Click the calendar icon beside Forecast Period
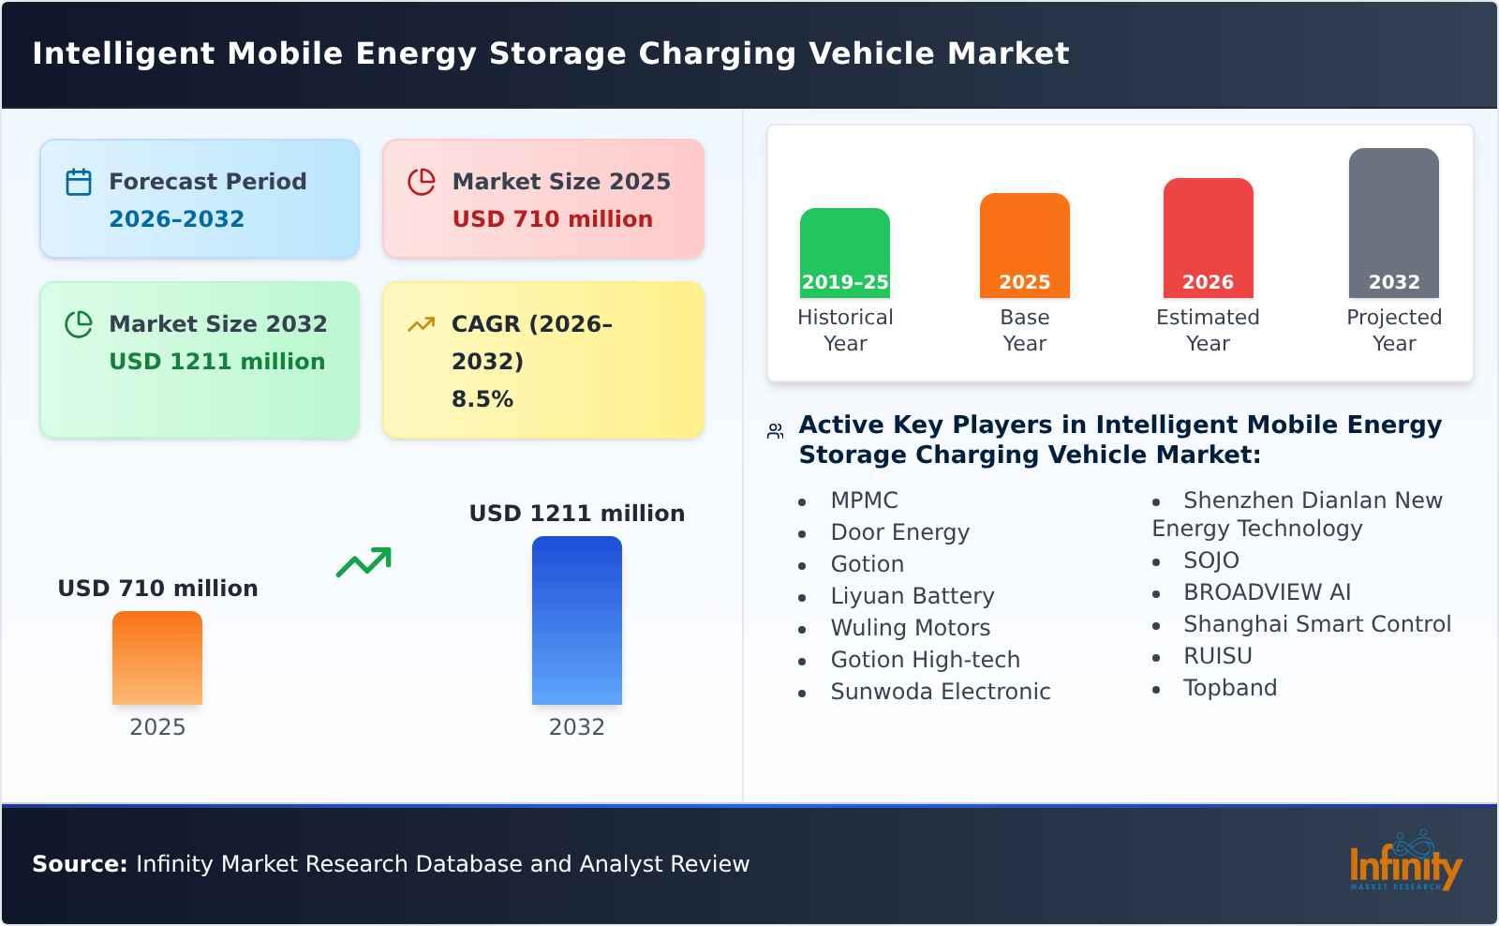click(x=79, y=182)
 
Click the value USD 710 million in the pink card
click(x=552, y=218)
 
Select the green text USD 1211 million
click(x=216, y=361)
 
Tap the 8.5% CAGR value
click(x=482, y=398)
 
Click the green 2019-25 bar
click(x=844, y=253)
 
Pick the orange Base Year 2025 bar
click(x=1024, y=246)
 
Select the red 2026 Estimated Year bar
click(x=1208, y=238)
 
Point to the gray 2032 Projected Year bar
click(x=1393, y=223)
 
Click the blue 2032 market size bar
click(x=576, y=620)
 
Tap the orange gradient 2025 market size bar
click(x=157, y=658)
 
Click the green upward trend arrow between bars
click(x=364, y=562)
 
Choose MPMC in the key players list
click(x=864, y=500)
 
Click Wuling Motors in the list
click(x=910, y=628)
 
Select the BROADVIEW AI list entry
click(x=1267, y=592)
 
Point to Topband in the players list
click(x=1229, y=688)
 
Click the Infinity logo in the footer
click(x=1404, y=863)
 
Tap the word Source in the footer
click(x=79, y=864)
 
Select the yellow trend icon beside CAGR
click(x=421, y=324)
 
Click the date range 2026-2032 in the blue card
click(x=176, y=218)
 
